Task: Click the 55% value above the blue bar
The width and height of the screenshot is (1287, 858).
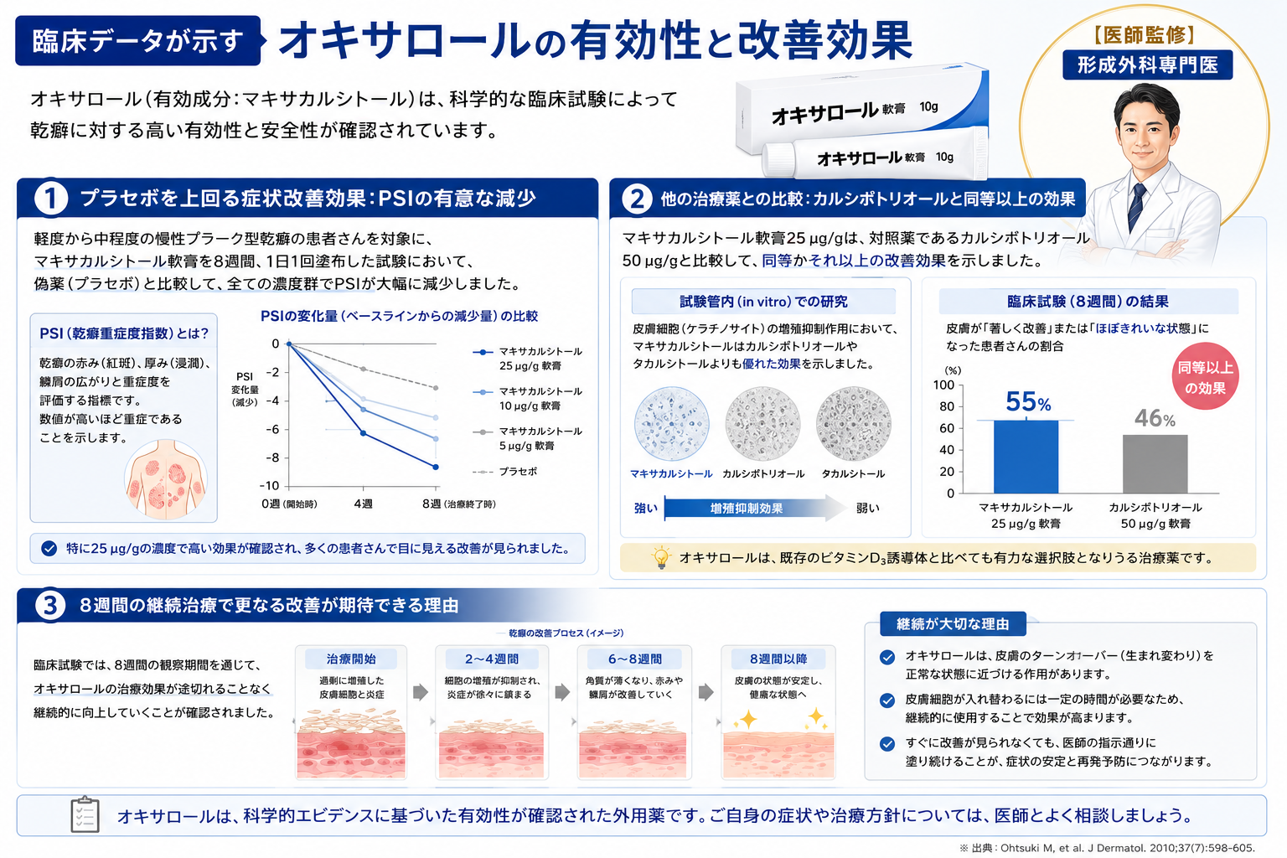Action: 1028,401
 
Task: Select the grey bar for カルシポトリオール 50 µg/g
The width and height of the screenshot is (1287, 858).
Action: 1155,463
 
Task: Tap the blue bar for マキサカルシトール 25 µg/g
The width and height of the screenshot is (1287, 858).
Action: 1026,457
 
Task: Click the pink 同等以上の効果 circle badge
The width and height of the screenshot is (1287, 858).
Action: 1205,376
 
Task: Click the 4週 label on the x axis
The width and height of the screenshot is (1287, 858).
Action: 363,504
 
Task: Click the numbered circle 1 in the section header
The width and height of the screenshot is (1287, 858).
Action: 50,199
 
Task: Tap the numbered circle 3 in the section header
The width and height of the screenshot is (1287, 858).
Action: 49,605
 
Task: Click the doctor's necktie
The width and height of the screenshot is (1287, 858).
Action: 1135,208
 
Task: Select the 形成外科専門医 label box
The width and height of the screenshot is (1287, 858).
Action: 1147,65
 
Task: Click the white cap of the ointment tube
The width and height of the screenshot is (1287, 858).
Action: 779,160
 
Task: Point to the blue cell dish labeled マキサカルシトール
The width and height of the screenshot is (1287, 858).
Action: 671,424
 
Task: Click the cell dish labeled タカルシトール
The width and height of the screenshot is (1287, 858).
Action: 853,424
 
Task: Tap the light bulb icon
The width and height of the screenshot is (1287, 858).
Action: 661,557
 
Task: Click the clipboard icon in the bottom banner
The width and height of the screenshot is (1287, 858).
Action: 85,815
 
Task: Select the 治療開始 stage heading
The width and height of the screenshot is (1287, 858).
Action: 350,659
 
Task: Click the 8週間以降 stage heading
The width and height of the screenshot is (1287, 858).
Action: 778,659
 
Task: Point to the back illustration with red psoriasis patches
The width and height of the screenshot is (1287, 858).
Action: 166,479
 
